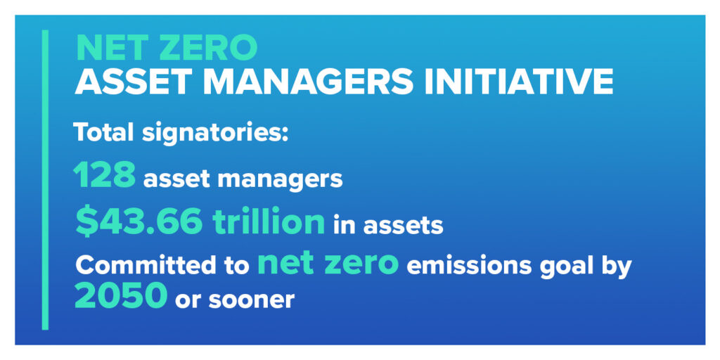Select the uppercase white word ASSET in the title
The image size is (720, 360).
point(134,82)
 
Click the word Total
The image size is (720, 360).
point(104,133)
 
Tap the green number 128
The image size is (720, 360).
point(104,175)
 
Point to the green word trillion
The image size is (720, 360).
point(269,221)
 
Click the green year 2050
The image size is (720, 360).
point(121,296)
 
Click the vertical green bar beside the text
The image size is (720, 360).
point(45,179)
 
